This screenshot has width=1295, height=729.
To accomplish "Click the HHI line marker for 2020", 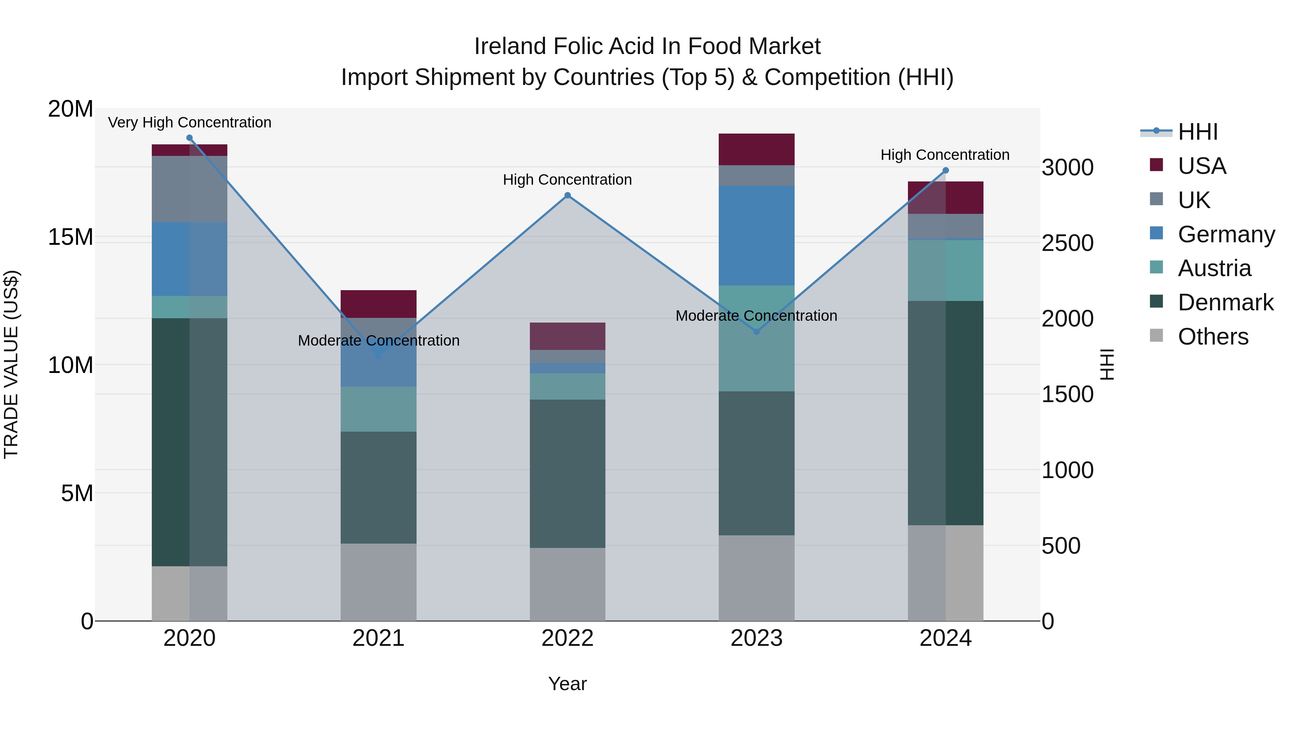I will point(190,138).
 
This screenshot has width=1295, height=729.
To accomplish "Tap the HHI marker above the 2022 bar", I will point(568,195).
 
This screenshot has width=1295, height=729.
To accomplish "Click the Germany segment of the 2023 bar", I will point(756,235).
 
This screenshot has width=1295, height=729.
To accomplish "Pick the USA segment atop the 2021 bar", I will point(378,303).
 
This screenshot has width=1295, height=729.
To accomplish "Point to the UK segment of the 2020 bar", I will point(190,189).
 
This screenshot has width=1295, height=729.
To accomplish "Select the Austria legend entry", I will point(1214,268).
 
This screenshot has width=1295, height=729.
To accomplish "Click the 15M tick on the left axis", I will point(71,237).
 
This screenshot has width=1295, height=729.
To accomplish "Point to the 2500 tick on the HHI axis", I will point(1067,243).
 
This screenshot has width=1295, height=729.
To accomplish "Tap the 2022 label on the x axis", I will point(568,638).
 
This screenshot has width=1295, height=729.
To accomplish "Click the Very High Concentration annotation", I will point(190,122).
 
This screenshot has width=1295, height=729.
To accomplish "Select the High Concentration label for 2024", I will point(945,154).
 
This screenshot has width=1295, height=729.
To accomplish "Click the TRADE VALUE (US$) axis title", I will point(11,364).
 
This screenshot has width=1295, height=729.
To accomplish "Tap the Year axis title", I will point(568,684).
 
